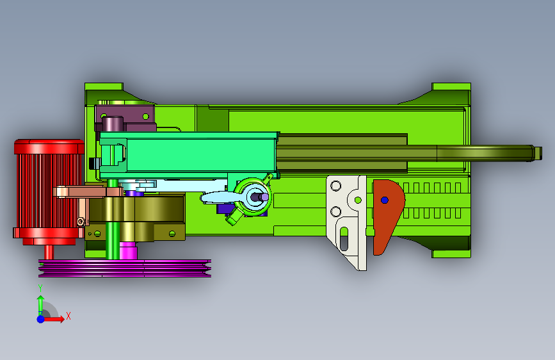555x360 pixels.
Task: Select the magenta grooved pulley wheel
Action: (x=125, y=268)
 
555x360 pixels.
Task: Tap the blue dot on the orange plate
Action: (x=385, y=200)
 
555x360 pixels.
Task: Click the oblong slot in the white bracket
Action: (x=344, y=238)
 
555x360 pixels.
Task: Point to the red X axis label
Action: (x=68, y=316)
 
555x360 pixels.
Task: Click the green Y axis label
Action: (x=40, y=288)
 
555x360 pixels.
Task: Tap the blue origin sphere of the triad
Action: (x=41, y=319)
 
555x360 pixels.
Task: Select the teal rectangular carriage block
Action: (x=189, y=154)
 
